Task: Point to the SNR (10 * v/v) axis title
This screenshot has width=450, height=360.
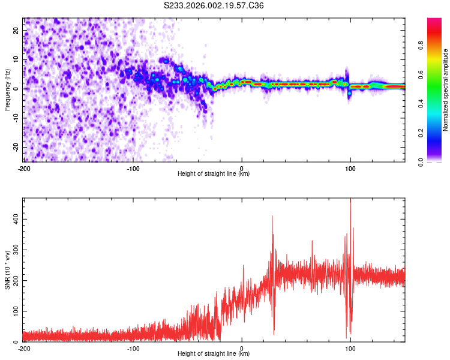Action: click(7, 270)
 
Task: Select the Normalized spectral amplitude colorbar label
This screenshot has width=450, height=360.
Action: click(445, 90)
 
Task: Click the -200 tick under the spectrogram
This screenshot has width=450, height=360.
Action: click(24, 167)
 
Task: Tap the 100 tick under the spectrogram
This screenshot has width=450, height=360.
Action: click(350, 167)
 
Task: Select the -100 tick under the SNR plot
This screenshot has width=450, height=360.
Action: click(133, 348)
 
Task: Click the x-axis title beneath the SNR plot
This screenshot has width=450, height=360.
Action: click(214, 354)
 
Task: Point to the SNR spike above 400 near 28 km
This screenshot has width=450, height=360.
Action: click(272, 216)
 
